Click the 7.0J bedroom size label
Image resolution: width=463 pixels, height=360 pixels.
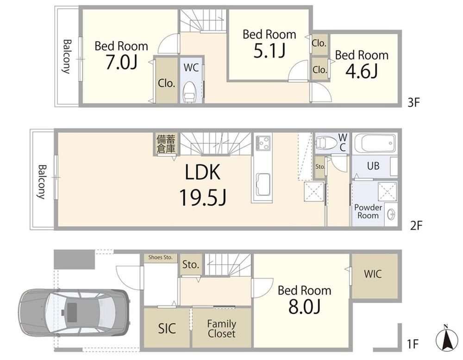tap(121, 62)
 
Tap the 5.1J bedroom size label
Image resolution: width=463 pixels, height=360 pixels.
tap(269, 51)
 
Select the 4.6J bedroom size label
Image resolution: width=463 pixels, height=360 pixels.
tap(362, 71)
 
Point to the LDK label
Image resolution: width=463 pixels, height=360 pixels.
tap(203, 172)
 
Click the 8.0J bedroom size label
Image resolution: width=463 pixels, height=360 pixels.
tap(305, 307)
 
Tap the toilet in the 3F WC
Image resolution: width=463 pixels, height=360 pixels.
tap(189, 92)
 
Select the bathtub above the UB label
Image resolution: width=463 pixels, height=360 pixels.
tap(375, 143)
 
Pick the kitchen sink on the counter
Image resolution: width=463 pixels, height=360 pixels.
tap(263, 185)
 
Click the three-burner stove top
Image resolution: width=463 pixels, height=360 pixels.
tap(263, 143)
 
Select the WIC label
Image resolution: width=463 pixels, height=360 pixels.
tap(373, 274)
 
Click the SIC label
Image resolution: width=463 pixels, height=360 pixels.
tap(167, 329)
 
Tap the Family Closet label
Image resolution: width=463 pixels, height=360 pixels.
tap(221, 329)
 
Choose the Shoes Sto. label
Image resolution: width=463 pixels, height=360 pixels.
tap(160, 257)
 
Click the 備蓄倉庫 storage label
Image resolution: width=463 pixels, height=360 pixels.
tap(166, 144)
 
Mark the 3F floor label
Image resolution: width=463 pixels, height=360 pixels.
tap(413, 103)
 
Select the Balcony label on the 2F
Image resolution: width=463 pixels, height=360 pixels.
tap(42, 182)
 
